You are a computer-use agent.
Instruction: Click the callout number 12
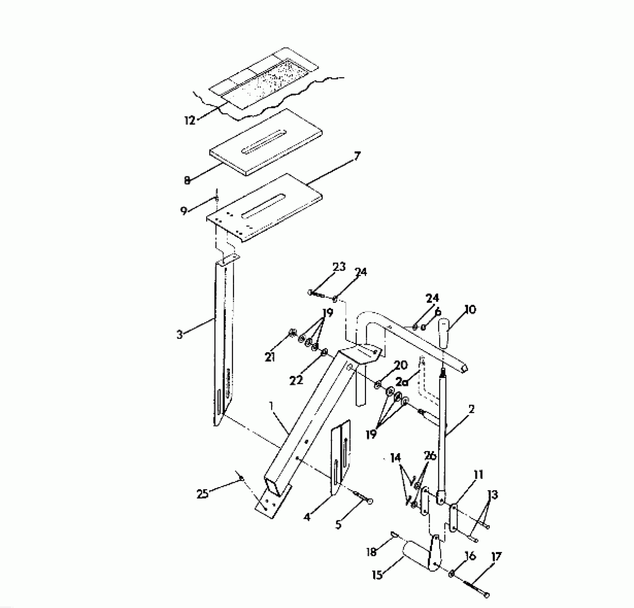[x=190, y=120]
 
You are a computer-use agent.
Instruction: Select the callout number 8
[x=187, y=181]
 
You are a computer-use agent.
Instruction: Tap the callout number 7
[x=357, y=156]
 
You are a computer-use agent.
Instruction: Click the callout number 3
[x=180, y=335]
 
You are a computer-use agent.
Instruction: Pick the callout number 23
[x=339, y=267]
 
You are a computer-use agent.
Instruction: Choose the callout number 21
[x=270, y=357]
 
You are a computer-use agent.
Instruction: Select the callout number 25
[x=203, y=494]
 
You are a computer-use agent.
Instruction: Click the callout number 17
[x=496, y=556]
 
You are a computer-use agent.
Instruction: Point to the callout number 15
[x=377, y=575]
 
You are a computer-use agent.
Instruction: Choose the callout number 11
[x=478, y=475]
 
